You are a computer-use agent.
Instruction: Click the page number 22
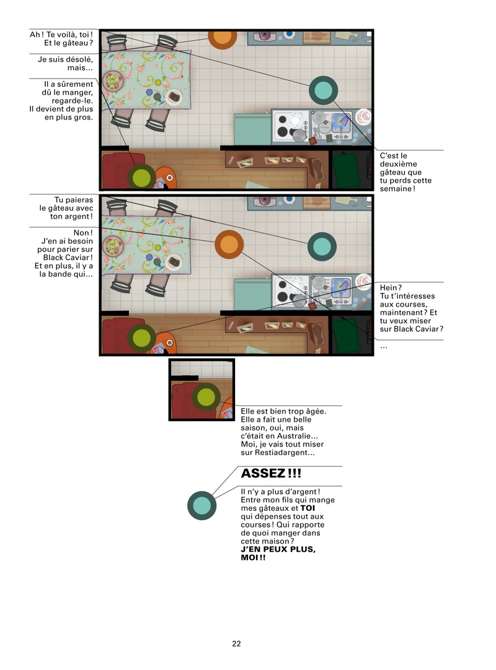coord(236,643)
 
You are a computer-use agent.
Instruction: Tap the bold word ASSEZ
coord(263,474)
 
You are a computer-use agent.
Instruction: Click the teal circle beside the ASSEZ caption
coord(201,505)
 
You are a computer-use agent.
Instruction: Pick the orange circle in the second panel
coord(229,245)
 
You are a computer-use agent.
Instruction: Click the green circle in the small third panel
coord(206,397)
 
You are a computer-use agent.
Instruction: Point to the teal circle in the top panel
coord(323,90)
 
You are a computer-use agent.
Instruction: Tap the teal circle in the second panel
coord(322,246)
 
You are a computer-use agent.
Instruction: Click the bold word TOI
coord(308,508)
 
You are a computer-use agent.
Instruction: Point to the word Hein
coord(389,287)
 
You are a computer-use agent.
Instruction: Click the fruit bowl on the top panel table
coord(113,80)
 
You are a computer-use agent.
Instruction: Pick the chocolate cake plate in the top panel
coord(174,97)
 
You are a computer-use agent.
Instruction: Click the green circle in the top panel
coord(141,177)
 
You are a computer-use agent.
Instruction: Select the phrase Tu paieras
coord(74,200)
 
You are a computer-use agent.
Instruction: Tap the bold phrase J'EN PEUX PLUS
coord(278,549)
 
